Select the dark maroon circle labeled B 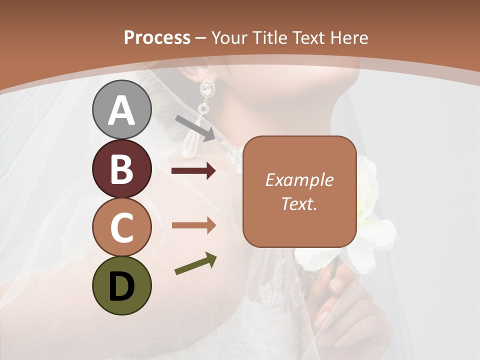pyautogui.click(x=122, y=168)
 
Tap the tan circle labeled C pyautogui.click(x=122, y=227)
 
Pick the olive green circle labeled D pyautogui.click(x=122, y=285)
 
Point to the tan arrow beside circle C pyautogui.click(x=193, y=225)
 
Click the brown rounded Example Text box pyautogui.click(x=299, y=191)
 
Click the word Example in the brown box pyautogui.click(x=299, y=180)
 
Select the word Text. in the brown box pyautogui.click(x=299, y=203)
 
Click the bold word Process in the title pyautogui.click(x=157, y=37)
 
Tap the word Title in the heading pyautogui.click(x=270, y=37)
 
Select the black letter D pyautogui.click(x=122, y=286)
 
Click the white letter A pyautogui.click(x=122, y=110)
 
